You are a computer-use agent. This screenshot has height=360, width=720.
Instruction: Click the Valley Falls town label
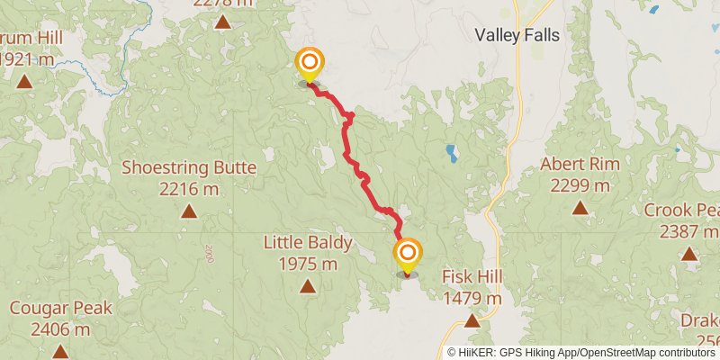[517, 36]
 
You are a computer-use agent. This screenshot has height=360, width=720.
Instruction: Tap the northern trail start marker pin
[309, 64]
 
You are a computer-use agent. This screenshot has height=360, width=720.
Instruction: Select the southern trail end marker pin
[408, 255]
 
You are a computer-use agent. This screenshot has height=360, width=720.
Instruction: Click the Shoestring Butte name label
[189, 167]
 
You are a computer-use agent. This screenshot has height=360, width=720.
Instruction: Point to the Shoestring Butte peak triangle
[189, 211]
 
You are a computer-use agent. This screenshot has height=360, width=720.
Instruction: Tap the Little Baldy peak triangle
[308, 287]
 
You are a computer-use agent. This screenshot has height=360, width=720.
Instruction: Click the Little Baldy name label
[308, 242]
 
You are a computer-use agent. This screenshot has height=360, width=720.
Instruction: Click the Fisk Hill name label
[472, 276]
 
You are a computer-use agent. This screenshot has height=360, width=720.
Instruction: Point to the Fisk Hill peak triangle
[472, 319]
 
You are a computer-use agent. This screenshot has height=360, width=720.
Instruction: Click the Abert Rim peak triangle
[580, 209]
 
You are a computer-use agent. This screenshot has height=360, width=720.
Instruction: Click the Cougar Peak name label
[61, 308]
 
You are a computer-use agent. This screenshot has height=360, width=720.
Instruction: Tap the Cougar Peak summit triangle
[60, 351]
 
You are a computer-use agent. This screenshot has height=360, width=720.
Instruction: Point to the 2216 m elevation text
[189, 189]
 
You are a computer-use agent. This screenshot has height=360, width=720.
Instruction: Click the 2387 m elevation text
[689, 231]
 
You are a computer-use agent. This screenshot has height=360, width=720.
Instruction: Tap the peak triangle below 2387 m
[689, 254]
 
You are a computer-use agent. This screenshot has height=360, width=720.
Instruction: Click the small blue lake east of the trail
[451, 153]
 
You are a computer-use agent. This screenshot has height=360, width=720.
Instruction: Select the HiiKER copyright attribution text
[581, 352]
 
